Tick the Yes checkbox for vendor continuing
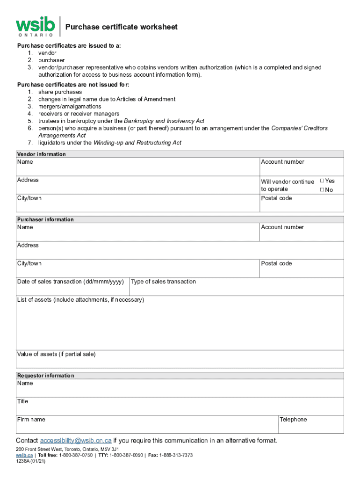click(x=322, y=181)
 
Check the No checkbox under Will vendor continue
click(x=322, y=189)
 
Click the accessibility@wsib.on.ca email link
click(x=76, y=441)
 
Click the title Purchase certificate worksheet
click(x=122, y=27)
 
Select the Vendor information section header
click(x=42, y=154)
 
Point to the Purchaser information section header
click(x=45, y=219)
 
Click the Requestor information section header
click(x=46, y=376)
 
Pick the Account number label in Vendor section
click(x=282, y=162)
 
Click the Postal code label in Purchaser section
click(x=276, y=263)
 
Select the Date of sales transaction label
click(x=71, y=282)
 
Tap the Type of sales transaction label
click(x=164, y=282)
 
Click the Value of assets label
click(x=56, y=354)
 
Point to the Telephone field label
click(x=293, y=420)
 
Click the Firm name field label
click(x=31, y=420)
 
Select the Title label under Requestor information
click(x=22, y=401)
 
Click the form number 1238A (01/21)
click(x=30, y=461)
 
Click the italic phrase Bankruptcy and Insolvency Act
click(x=164, y=121)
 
